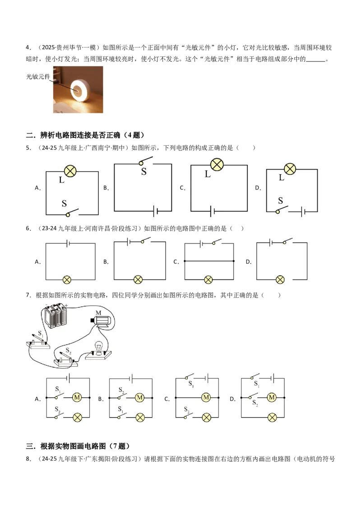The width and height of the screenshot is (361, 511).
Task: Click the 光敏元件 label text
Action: [38, 77]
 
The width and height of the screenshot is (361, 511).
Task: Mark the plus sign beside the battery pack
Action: [66, 306]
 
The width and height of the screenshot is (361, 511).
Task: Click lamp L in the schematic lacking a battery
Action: [70, 171]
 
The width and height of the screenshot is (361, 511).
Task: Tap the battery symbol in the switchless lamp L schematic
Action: [212, 211]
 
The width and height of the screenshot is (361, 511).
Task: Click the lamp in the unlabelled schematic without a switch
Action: [67, 280]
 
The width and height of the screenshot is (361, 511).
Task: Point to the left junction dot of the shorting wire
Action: [185, 261]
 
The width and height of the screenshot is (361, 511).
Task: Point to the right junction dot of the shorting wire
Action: [233, 261]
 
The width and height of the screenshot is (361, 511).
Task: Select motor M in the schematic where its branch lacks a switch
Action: [206, 397]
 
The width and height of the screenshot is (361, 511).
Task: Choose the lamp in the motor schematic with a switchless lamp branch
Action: [272, 418]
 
